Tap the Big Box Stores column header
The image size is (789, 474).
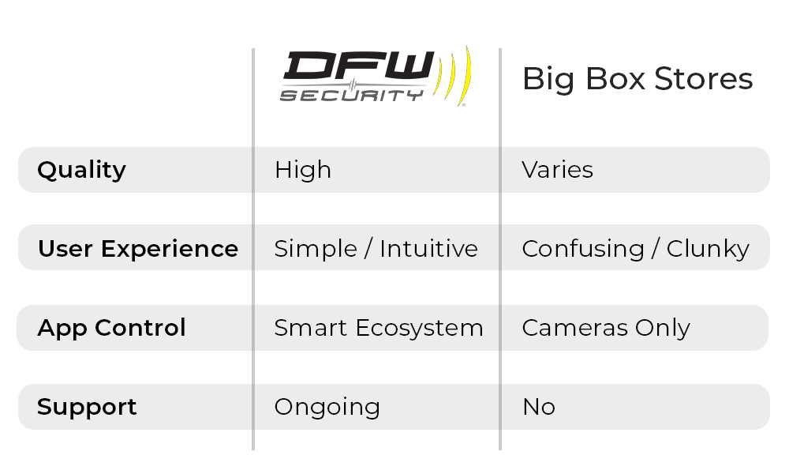coord(638,79)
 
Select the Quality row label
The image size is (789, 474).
coord(81,170)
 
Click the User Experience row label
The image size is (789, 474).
coord(138,249)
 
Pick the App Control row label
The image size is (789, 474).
coord(111,328)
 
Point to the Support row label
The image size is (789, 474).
coord(87,407)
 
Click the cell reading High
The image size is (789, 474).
coord(303,170)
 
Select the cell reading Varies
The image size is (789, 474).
coord(557,170)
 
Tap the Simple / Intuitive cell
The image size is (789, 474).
coord(376,249)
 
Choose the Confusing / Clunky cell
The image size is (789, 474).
coord(635,249)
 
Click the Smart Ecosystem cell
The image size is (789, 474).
coord(379,328)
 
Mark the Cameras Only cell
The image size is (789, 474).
coord(606,328)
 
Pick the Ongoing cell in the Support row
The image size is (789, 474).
coord(327,408)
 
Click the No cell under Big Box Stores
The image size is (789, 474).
coord(539,407)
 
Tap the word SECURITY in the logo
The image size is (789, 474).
coord(351,96)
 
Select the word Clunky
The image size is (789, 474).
coord(708,249)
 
